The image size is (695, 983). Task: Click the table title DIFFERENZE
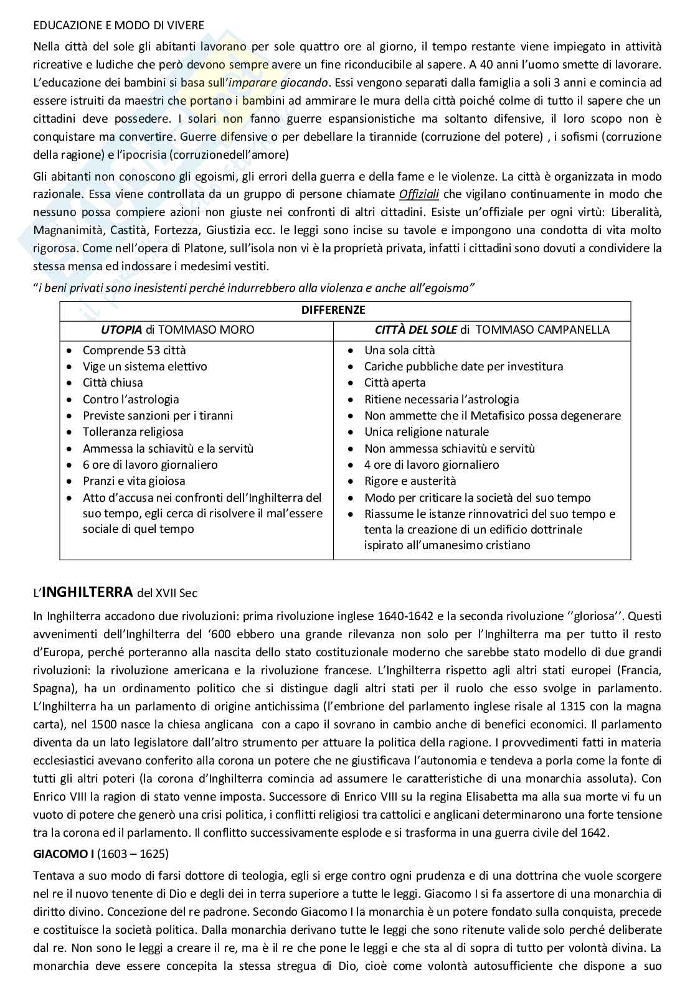click(333, 310)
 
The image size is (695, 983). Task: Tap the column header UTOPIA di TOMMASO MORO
click(177, 329)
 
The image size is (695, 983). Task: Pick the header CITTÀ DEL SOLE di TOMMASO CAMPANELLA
click(492, 329)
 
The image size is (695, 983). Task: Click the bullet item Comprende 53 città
click(135, 350)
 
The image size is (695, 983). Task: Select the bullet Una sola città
click(400, 350)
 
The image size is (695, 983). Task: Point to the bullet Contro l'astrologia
click(131, 400)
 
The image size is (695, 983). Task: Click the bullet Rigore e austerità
click(410, 481)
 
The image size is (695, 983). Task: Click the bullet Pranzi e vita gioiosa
click(134, 481)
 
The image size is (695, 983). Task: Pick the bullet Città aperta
click(395, 383)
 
